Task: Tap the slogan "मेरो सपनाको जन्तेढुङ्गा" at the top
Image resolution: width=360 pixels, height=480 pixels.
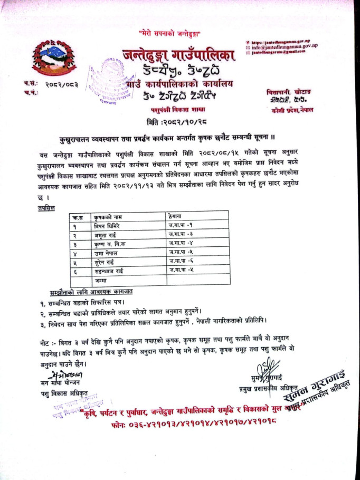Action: pos(177,33)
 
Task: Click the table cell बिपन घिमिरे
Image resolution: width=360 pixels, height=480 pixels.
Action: pos(107,226)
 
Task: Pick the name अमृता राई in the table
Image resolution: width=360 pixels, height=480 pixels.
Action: pos(106,235)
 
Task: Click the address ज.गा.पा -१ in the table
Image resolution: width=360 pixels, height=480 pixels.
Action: pos(179,226)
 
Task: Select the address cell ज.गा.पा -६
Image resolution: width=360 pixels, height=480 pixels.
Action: pos(179,262)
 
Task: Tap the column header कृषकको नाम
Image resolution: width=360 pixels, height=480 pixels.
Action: pos(106,217)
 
